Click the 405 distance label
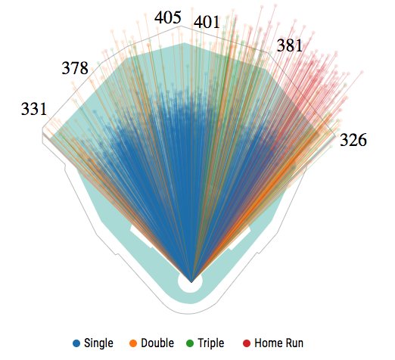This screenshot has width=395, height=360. tap(168, 17)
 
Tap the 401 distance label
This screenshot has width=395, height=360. tap(207, 22)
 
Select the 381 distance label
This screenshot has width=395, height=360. tap(289, 45)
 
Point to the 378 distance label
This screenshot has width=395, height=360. tap(75, 69)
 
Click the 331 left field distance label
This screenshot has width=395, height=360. tap(33, 110)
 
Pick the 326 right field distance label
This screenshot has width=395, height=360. tap(353, 140)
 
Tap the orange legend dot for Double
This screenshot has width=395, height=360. tap(133, 343)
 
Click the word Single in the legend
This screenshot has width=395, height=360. tap(98, 343)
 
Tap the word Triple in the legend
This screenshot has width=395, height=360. tap(211, 343)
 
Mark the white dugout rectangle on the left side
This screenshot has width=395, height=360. tap(142, 236)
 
